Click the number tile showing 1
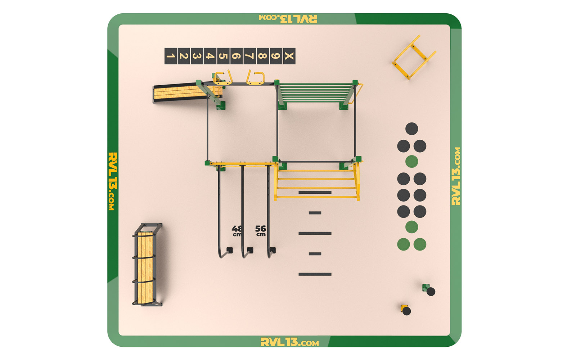pyautogui.click(x=171, y=56)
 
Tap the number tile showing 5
pyautogui.click(x=224, y=56)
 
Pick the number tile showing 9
pyautogui.click(x=276, y=56)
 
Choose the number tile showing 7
pyautogui.click(x=250, y=56)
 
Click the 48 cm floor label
pyautogui.click(x=237, y=231)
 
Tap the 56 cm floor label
pyautogui.click(x=261, y=231)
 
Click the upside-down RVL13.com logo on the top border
pyautogui.click(x=288, y=19)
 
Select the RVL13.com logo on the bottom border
pyautogui.click(x=290, y=342)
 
